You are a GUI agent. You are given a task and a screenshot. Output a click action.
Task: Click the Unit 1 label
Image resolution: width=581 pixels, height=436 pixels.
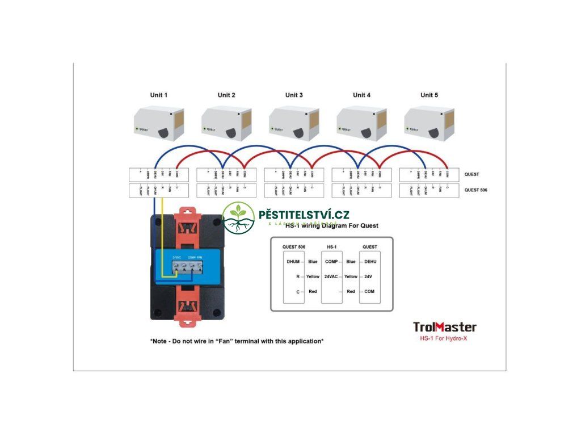(x=159, y=95)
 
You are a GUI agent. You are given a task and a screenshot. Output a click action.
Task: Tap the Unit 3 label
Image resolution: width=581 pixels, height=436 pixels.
(x=294, y=95)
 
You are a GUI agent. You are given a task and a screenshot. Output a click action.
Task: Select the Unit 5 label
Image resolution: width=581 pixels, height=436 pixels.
(x=429, y=95)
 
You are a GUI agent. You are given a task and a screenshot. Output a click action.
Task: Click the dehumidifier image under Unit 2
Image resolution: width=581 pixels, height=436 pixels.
(x=227, y=123)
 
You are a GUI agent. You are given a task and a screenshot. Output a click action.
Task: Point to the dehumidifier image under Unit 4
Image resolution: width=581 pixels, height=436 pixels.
(x=362, y=123)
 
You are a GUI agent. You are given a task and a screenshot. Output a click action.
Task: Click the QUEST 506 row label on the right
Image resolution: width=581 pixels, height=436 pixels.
(x=475, y=190)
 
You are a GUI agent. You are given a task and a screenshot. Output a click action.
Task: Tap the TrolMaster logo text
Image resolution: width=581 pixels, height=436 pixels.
(x=444, y=327)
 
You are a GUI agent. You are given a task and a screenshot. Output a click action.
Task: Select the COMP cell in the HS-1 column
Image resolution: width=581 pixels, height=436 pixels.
(x=331, y=262)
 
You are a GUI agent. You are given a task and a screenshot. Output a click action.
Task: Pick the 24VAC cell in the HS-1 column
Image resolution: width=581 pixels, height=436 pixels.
(x=331, y=276)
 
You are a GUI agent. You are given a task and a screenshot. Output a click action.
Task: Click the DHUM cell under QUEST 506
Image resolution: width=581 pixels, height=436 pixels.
(x=293, y=262)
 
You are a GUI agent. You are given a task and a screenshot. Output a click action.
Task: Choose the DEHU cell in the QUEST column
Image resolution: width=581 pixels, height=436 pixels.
(x=370, y=262)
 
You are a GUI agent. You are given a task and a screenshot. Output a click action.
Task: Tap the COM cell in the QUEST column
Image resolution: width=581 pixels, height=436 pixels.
(x=369, y=291)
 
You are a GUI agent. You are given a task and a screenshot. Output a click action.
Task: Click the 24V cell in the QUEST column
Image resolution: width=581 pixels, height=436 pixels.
(x=369, y=276)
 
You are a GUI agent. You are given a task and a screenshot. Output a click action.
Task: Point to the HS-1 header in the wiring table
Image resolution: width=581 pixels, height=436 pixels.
(x=332, y=247)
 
